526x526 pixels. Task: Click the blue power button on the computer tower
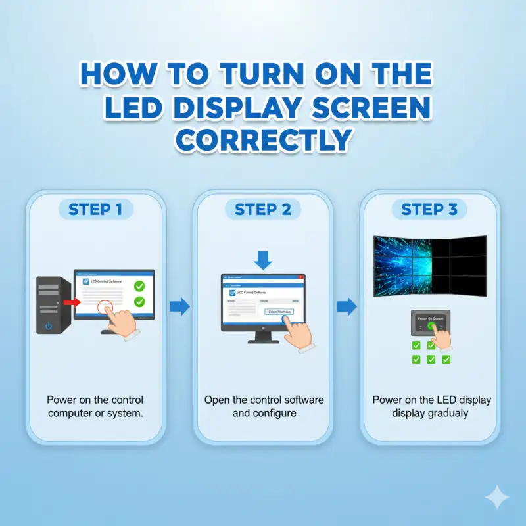[49, 325]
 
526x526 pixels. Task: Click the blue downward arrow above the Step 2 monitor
[263, 260]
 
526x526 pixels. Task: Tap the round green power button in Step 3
[431, 325]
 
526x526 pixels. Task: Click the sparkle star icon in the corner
[497, 498]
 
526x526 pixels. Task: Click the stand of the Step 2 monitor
[263, 336]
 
